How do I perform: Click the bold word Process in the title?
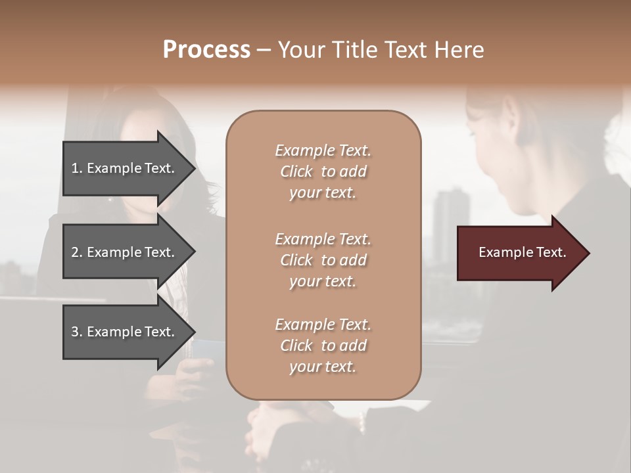click(x=206, y=50)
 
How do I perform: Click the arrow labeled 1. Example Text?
click(x=125, y=168)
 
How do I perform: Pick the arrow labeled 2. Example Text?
click(x=125, y=252)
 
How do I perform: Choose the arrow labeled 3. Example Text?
click(x=125, y=332)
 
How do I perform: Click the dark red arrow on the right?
click(x=519, y=253)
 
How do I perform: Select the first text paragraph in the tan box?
click(x=323, y=171)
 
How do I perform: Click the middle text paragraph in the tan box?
click(x=323, y=260)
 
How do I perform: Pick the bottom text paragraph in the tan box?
click(x=323, y=346)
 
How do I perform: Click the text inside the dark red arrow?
click(x=523, y=252)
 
